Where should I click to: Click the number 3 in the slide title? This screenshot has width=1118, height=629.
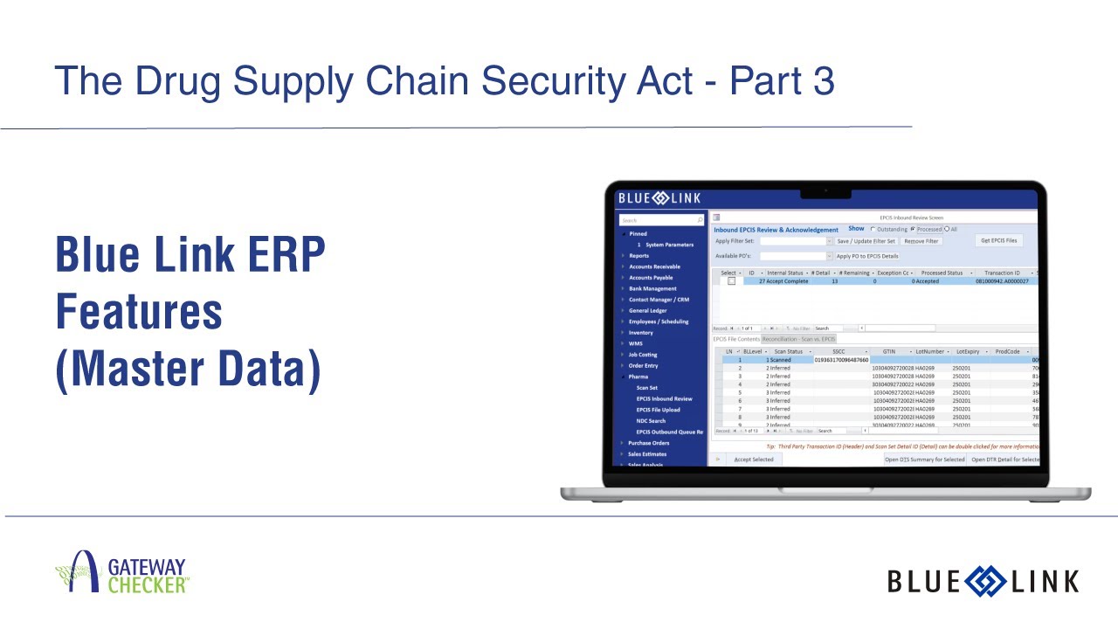tap(822, 81)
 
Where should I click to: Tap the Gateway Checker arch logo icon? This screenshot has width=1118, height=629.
tap(79, 573)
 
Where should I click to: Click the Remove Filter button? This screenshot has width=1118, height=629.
tap(921, 241)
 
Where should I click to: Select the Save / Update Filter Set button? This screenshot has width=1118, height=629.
tap(866, 241)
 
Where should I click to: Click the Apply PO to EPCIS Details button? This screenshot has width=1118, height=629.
tap(866, 256)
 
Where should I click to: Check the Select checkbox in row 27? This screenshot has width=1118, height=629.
tap(731, 281)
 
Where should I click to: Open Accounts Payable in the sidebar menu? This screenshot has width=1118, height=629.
tap(651, 278)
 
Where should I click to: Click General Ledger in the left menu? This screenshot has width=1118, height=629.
tap(647, 310)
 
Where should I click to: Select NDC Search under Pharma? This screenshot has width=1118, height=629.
tap(651, 420)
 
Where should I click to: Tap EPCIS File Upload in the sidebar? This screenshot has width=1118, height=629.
tap(658, 410)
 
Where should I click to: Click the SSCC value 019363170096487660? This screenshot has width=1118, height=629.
tap(841, 359)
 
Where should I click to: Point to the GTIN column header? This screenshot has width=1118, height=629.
tap(888, 351)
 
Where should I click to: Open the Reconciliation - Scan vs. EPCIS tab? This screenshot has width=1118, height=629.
tap(798, 339)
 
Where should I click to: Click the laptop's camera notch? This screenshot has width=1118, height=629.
tap(825, 191)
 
